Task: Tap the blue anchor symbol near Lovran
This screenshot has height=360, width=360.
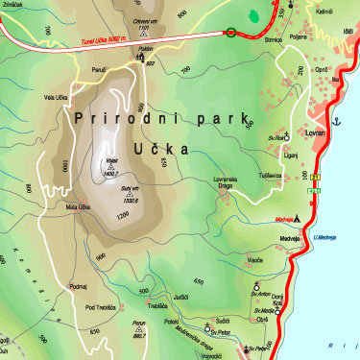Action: pos(337,123)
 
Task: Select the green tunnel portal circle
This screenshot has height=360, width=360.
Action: pos(230,33)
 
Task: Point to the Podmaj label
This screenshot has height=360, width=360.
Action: pos(79,286)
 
